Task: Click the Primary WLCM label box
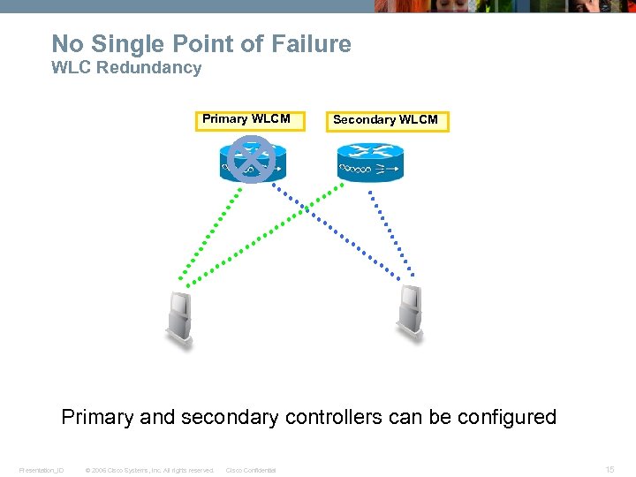pyautogui.click(x=249, y=120)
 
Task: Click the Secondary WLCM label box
pyautogui.click(x=387, y=121)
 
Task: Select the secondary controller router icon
pyautogui.click(x=369, y=161)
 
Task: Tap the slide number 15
pyautogui.click(x=609, y=470)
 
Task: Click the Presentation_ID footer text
pyautogui.click(x=42, y=470)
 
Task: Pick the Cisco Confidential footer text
pyautogui.click(x=251, y=470)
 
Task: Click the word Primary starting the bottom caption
pyautogui.click(x=97, y=417)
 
